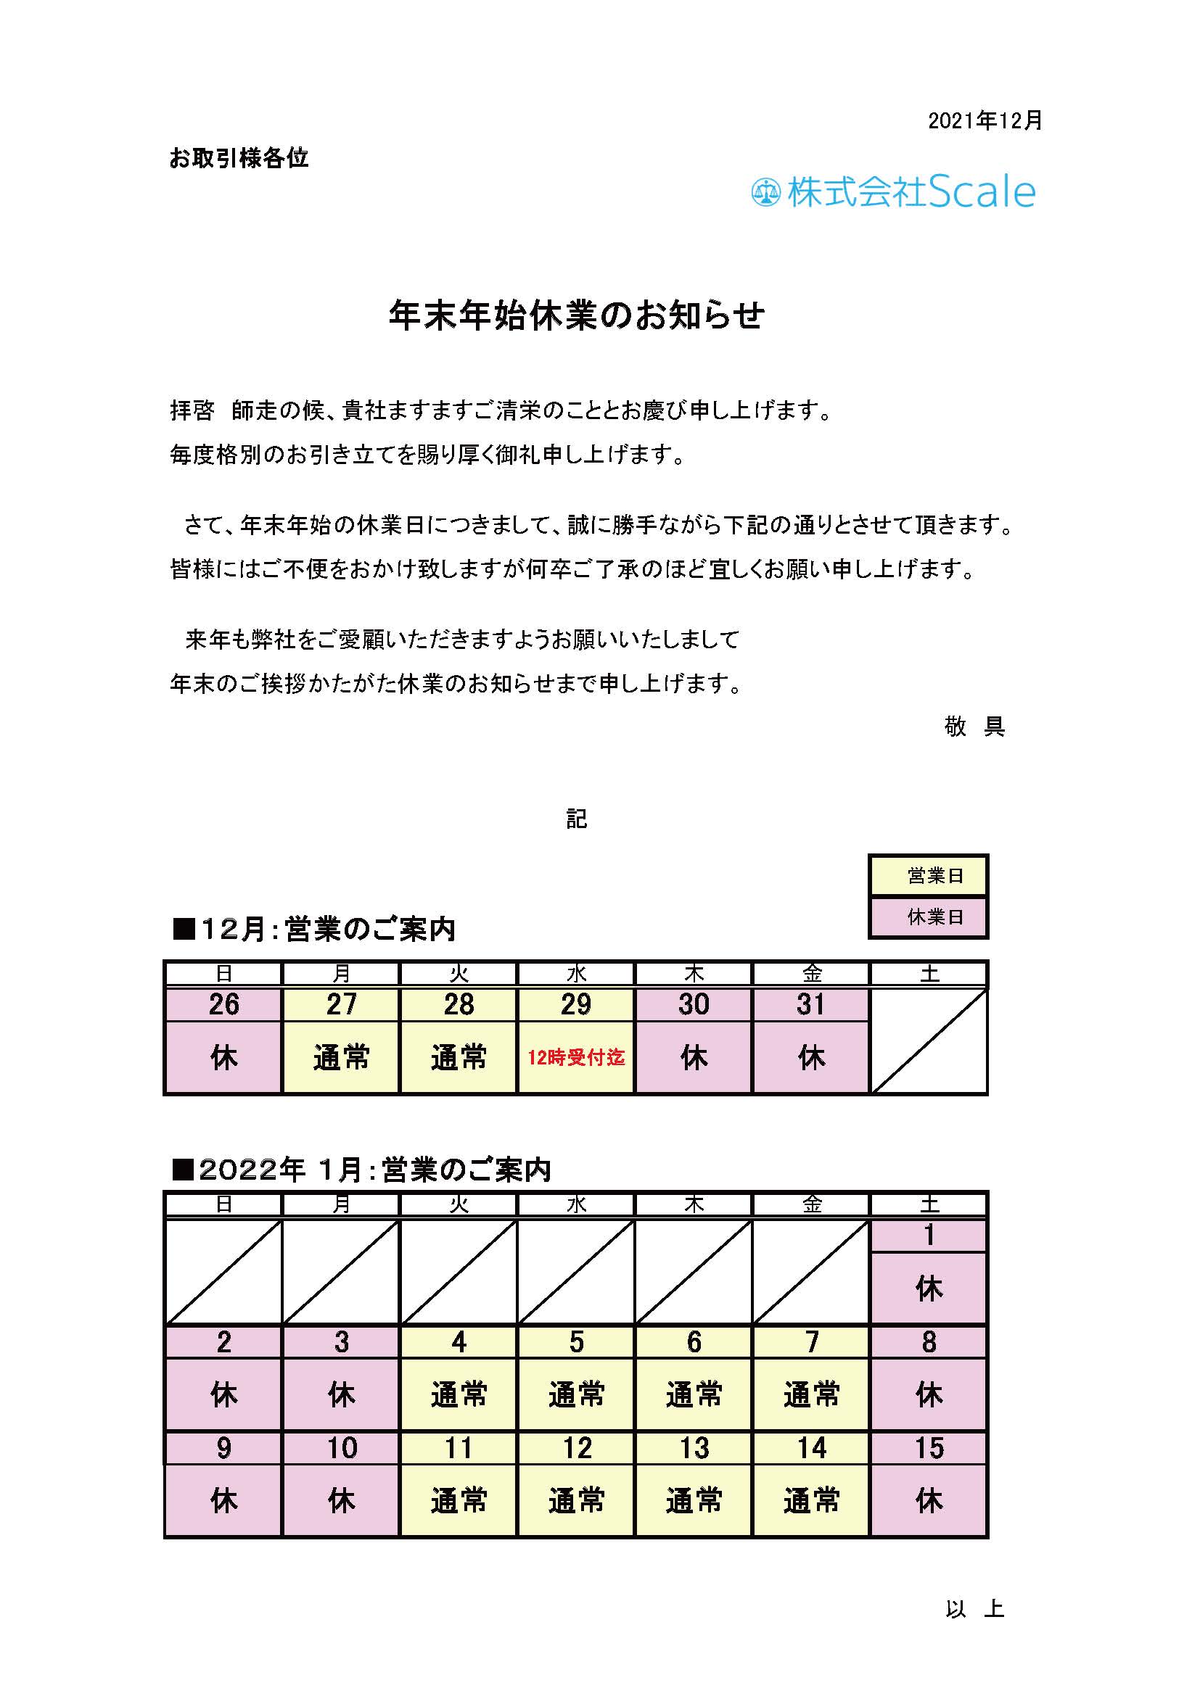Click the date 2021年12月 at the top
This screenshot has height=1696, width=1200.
click(x=985, y=120)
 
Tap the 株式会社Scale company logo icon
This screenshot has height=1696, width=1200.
click(x=765, y=193)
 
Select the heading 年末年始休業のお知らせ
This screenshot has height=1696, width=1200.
click(x=576, y=315)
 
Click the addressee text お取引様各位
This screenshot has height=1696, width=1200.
click(x=239, y=158)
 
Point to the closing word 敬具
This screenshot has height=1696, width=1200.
click(x=974, y=727)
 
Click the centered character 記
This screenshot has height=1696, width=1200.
click(x=576, y=819)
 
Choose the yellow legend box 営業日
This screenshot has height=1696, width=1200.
click(x=928, y=876)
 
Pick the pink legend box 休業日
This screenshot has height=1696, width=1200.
click(x=928, y=917)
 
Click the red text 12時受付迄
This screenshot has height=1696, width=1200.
click(x=575, y=1058)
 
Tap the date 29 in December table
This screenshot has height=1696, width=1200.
click(x=575, y=1004)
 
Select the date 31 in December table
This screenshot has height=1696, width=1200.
click(x=810, y=1004)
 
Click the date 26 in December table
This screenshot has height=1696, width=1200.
click(x=223, y=1004)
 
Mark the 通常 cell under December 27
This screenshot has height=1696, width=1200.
click(x=341, y=1058)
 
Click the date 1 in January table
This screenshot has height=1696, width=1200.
click(x=929, y=1235)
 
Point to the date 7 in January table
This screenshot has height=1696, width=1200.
click(x=811, y=1342)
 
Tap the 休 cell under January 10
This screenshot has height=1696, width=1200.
click(x=341, y=1501)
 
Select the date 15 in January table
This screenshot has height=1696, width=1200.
click(x=929, y=1449)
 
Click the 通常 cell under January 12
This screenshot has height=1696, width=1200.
click(x=575, y=1501)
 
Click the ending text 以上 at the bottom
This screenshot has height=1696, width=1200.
click(x=974, y=1609)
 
